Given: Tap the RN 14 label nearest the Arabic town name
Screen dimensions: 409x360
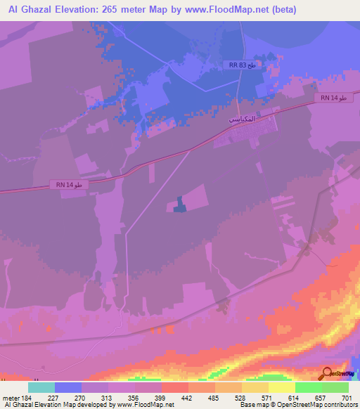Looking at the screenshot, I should click(x=330, y=98).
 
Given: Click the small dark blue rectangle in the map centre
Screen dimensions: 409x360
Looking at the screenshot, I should click(x=180, y=204).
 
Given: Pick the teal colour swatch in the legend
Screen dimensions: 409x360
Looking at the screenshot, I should click(x=41, y=387).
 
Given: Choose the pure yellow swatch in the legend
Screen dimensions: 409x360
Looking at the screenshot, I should click(x=281, y=387).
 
